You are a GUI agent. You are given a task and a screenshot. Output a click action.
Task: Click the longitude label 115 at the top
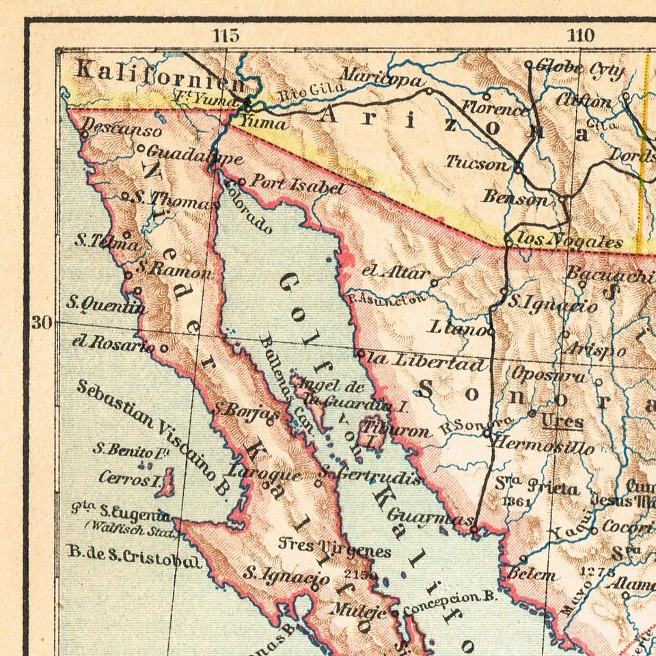pos(225,36)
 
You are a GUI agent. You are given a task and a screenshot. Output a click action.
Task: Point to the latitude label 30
pos(42,322)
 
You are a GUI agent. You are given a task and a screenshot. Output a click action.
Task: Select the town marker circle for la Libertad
pos(360,353)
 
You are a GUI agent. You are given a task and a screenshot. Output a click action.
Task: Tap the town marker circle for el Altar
pos(434,280)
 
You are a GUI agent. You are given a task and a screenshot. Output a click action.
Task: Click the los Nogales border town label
pos(571,241)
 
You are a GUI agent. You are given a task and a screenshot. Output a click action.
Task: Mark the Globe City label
pos(579,68)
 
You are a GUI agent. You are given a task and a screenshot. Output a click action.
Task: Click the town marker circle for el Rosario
pos(164,348)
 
